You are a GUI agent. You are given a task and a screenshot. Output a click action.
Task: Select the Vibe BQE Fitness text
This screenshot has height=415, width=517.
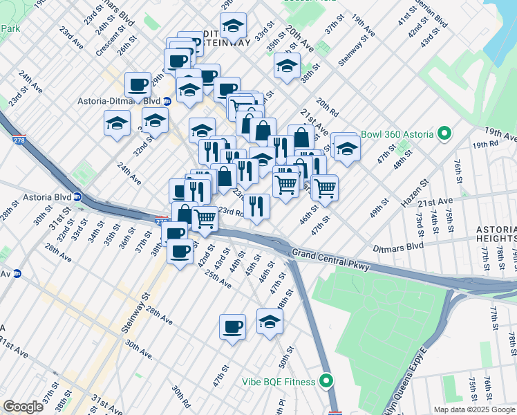coord(278,382)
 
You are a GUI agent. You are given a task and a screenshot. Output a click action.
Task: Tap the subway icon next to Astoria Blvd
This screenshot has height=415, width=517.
coord(77,196)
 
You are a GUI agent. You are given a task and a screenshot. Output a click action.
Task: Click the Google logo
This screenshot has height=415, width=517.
coord(23,407)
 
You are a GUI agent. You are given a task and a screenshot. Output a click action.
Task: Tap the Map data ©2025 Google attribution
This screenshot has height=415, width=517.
coord(473,409)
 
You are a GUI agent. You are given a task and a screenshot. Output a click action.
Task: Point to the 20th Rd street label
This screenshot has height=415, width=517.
coord(327,107)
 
